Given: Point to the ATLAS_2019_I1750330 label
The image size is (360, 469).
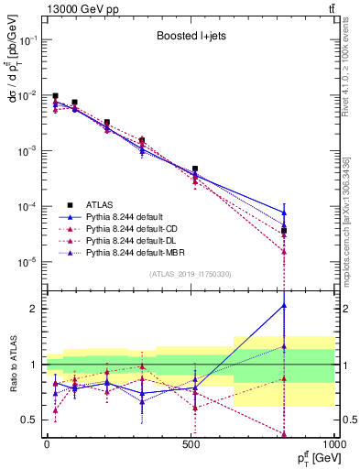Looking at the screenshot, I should pos(191,274).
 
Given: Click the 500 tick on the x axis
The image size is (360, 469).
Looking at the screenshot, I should pos(191,444).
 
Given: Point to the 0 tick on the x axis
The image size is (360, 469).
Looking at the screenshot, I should pos(47,444).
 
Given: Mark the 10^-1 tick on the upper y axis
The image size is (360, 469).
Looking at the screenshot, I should pos(26,41).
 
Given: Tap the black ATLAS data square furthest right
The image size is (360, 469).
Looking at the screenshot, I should pos(284,231).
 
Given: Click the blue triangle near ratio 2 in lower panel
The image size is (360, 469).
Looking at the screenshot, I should pos(284,306).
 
